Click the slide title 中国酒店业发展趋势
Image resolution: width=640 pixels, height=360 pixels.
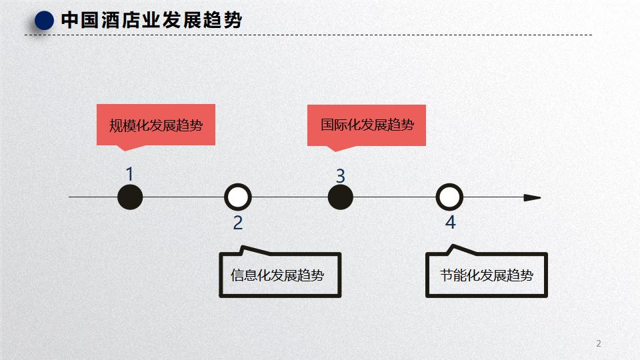click(151, 21)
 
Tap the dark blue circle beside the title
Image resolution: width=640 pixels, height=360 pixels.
click(44, 21)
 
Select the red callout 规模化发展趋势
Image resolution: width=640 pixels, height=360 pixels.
click(156, 125)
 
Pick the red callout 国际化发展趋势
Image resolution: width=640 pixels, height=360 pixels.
click(367, 125)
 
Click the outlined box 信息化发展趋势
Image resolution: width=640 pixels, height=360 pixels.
click(280, 275)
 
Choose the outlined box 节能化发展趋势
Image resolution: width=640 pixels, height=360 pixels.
click(487, 275)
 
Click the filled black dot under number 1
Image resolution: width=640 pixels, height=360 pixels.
click(130, 197)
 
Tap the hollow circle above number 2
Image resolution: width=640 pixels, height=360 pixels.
click(237, 197)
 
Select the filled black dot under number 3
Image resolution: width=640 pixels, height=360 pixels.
click(341, 197)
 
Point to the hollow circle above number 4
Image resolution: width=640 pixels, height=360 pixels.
click(449, 197)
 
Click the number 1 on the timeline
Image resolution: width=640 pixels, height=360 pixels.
click(130, 175)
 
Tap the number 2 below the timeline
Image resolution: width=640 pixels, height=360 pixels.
click(237, 223)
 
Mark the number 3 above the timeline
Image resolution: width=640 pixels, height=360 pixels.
click(340, 176)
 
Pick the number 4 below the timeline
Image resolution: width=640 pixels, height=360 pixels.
click(450, 223)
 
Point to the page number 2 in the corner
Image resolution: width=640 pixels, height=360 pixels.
click(598, 343)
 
